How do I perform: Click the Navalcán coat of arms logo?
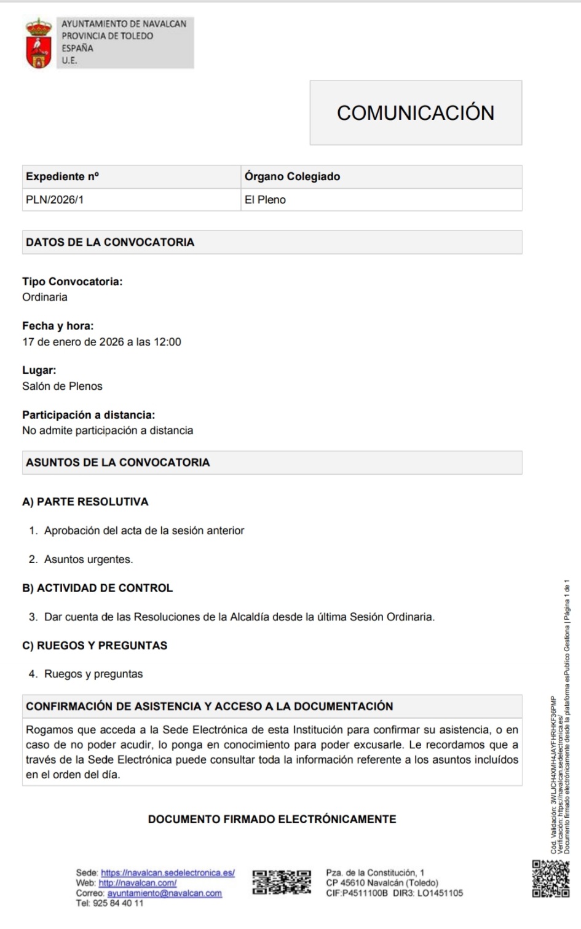coord(38,43)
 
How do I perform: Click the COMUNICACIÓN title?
coord(416,113)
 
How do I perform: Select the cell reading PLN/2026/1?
coord(55,200)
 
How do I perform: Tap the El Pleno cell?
coord(265,200)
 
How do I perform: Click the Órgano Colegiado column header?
coord(292,176)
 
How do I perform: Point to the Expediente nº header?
coord(62,176)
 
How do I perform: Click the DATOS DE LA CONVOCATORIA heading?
coord(110,242)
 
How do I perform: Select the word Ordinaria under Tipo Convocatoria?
coord(45,297)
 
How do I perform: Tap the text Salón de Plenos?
coord(62,386)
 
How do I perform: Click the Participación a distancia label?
coord(89,415)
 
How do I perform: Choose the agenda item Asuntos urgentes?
coord(89,559)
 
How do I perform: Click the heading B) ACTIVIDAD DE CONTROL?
coord(98,588)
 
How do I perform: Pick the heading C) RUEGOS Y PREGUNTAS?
coord(95,646)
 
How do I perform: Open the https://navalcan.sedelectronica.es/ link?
coord(167,872)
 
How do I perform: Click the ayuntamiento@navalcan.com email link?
coord(164,893)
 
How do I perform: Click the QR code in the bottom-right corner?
coord(550,878)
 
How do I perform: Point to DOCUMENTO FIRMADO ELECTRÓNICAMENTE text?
coord(272,819)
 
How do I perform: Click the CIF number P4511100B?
coord(365,893)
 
